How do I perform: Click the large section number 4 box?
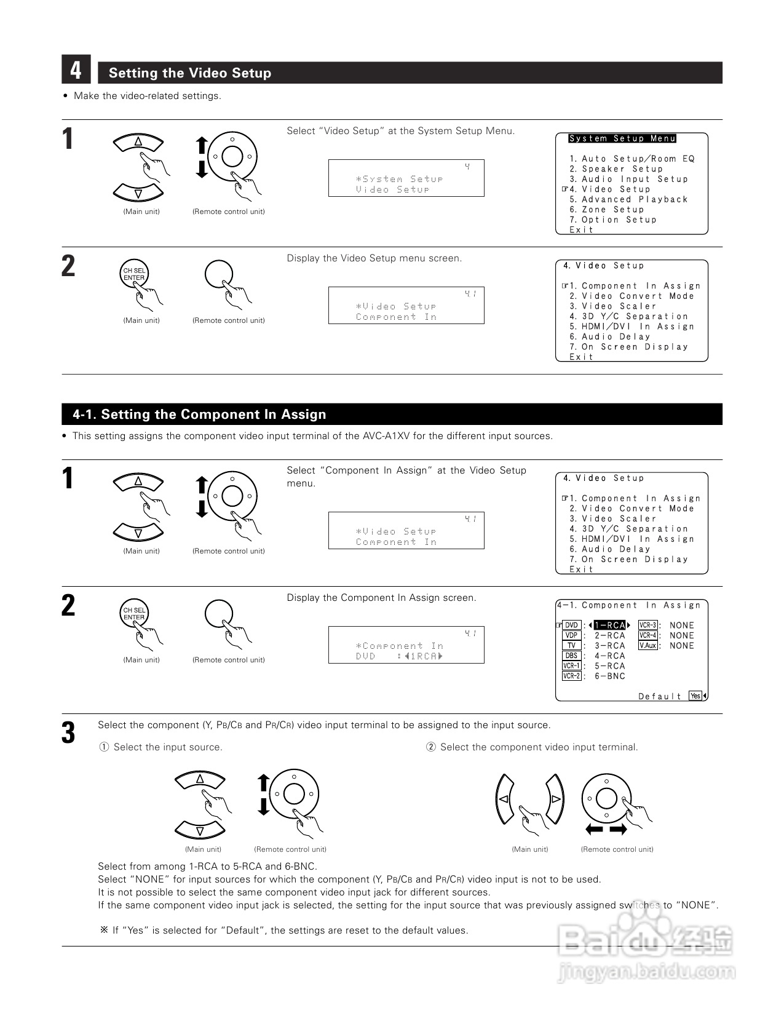(x=76, y=69)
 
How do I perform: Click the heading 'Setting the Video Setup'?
(x=190, y=73)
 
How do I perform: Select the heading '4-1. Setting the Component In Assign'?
(x=199, y=415)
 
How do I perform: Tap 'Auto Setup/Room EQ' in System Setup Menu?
(x=638, y=159)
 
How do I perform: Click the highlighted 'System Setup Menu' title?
(x=622, y=139)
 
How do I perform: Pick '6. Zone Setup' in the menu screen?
(x=607, y=210)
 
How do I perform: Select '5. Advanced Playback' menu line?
(x=628, y=199)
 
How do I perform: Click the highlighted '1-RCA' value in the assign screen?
(x=609, y=625)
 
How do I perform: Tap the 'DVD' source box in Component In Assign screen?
(x=572, y=625)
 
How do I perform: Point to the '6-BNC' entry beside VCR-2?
(x=609, y=676)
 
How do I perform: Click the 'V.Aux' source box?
(x=648, y=646)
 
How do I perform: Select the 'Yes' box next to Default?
(x=695, y=696)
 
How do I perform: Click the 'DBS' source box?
(x=572, y=656)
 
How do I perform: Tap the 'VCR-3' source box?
(x=648, y=625)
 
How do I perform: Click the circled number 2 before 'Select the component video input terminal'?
(x=431, y=747)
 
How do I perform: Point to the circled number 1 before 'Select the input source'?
(x=105, y=747)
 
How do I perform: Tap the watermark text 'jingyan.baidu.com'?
(x=646, y=973)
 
